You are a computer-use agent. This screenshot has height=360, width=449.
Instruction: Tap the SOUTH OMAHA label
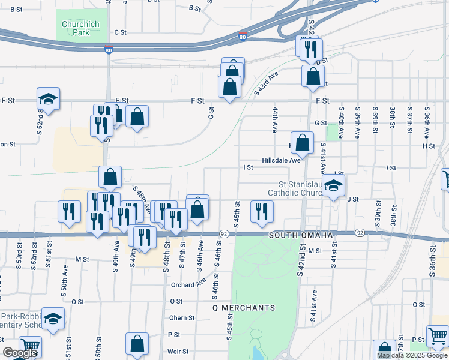pyautogui.click(x=301, y=235)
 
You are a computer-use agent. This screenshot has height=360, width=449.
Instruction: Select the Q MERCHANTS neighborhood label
pyautogui.click(x=244, y=308)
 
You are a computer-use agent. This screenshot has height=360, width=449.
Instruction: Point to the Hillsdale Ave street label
pyautogui.click(x=280, y=161)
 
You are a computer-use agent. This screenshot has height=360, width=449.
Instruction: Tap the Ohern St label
pyautogui.click(x=182, y=318)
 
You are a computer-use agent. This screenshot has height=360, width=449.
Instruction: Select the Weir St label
pyautogui.click(x=179, y=352)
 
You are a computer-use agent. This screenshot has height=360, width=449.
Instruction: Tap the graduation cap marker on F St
pyautogui.click(x=49, y=100)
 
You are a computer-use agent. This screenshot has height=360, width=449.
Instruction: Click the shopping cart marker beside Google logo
pyautogui.click(x=29, y=347)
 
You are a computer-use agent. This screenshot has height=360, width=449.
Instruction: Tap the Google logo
pyautogui.click(x=20, y=353)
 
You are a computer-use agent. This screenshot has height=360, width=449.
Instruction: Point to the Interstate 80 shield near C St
pyautogui.click(x=243, y=37)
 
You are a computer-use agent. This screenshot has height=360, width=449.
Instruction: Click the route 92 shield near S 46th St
pyautogui.click(x=224, y=233)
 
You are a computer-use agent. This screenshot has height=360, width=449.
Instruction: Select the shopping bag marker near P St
pyautogui.click(x=137, y=344)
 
